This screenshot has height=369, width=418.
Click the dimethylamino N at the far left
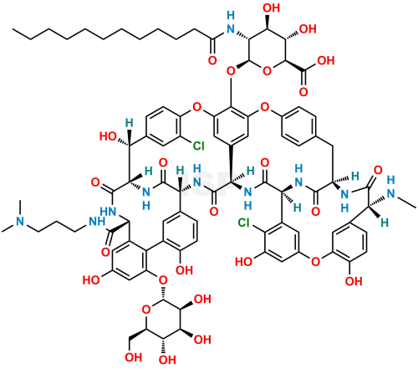pos(20,222)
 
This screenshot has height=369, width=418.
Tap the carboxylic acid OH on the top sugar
pos(326,60)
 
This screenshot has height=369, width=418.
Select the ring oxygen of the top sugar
pos(267,71)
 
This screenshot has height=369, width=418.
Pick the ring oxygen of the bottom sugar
pos(145,310)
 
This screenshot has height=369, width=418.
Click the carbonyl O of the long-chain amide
pos(212,60)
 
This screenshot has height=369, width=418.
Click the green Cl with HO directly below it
pos(244,223)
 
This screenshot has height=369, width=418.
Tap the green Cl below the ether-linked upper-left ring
pos(199,146)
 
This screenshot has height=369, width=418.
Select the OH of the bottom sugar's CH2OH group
pos(134,357)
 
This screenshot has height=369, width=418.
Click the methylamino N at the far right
pos(391,194)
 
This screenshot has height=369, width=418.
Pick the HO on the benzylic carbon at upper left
pos(108,136)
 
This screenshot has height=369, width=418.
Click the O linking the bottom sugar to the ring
pos(163,279)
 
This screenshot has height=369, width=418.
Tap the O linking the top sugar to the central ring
pos(231,71)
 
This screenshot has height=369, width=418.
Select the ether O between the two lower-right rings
pos(315,262)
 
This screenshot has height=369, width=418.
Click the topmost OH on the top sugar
pos(272,8)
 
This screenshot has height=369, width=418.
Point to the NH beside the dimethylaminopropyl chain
pos(97,222)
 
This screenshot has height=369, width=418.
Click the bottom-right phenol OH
pos(354,281)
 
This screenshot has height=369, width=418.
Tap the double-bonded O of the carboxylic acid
pos(303,91)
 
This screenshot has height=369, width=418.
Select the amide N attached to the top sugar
pos(231,28)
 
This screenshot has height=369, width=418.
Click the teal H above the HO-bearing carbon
pos(129,122)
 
